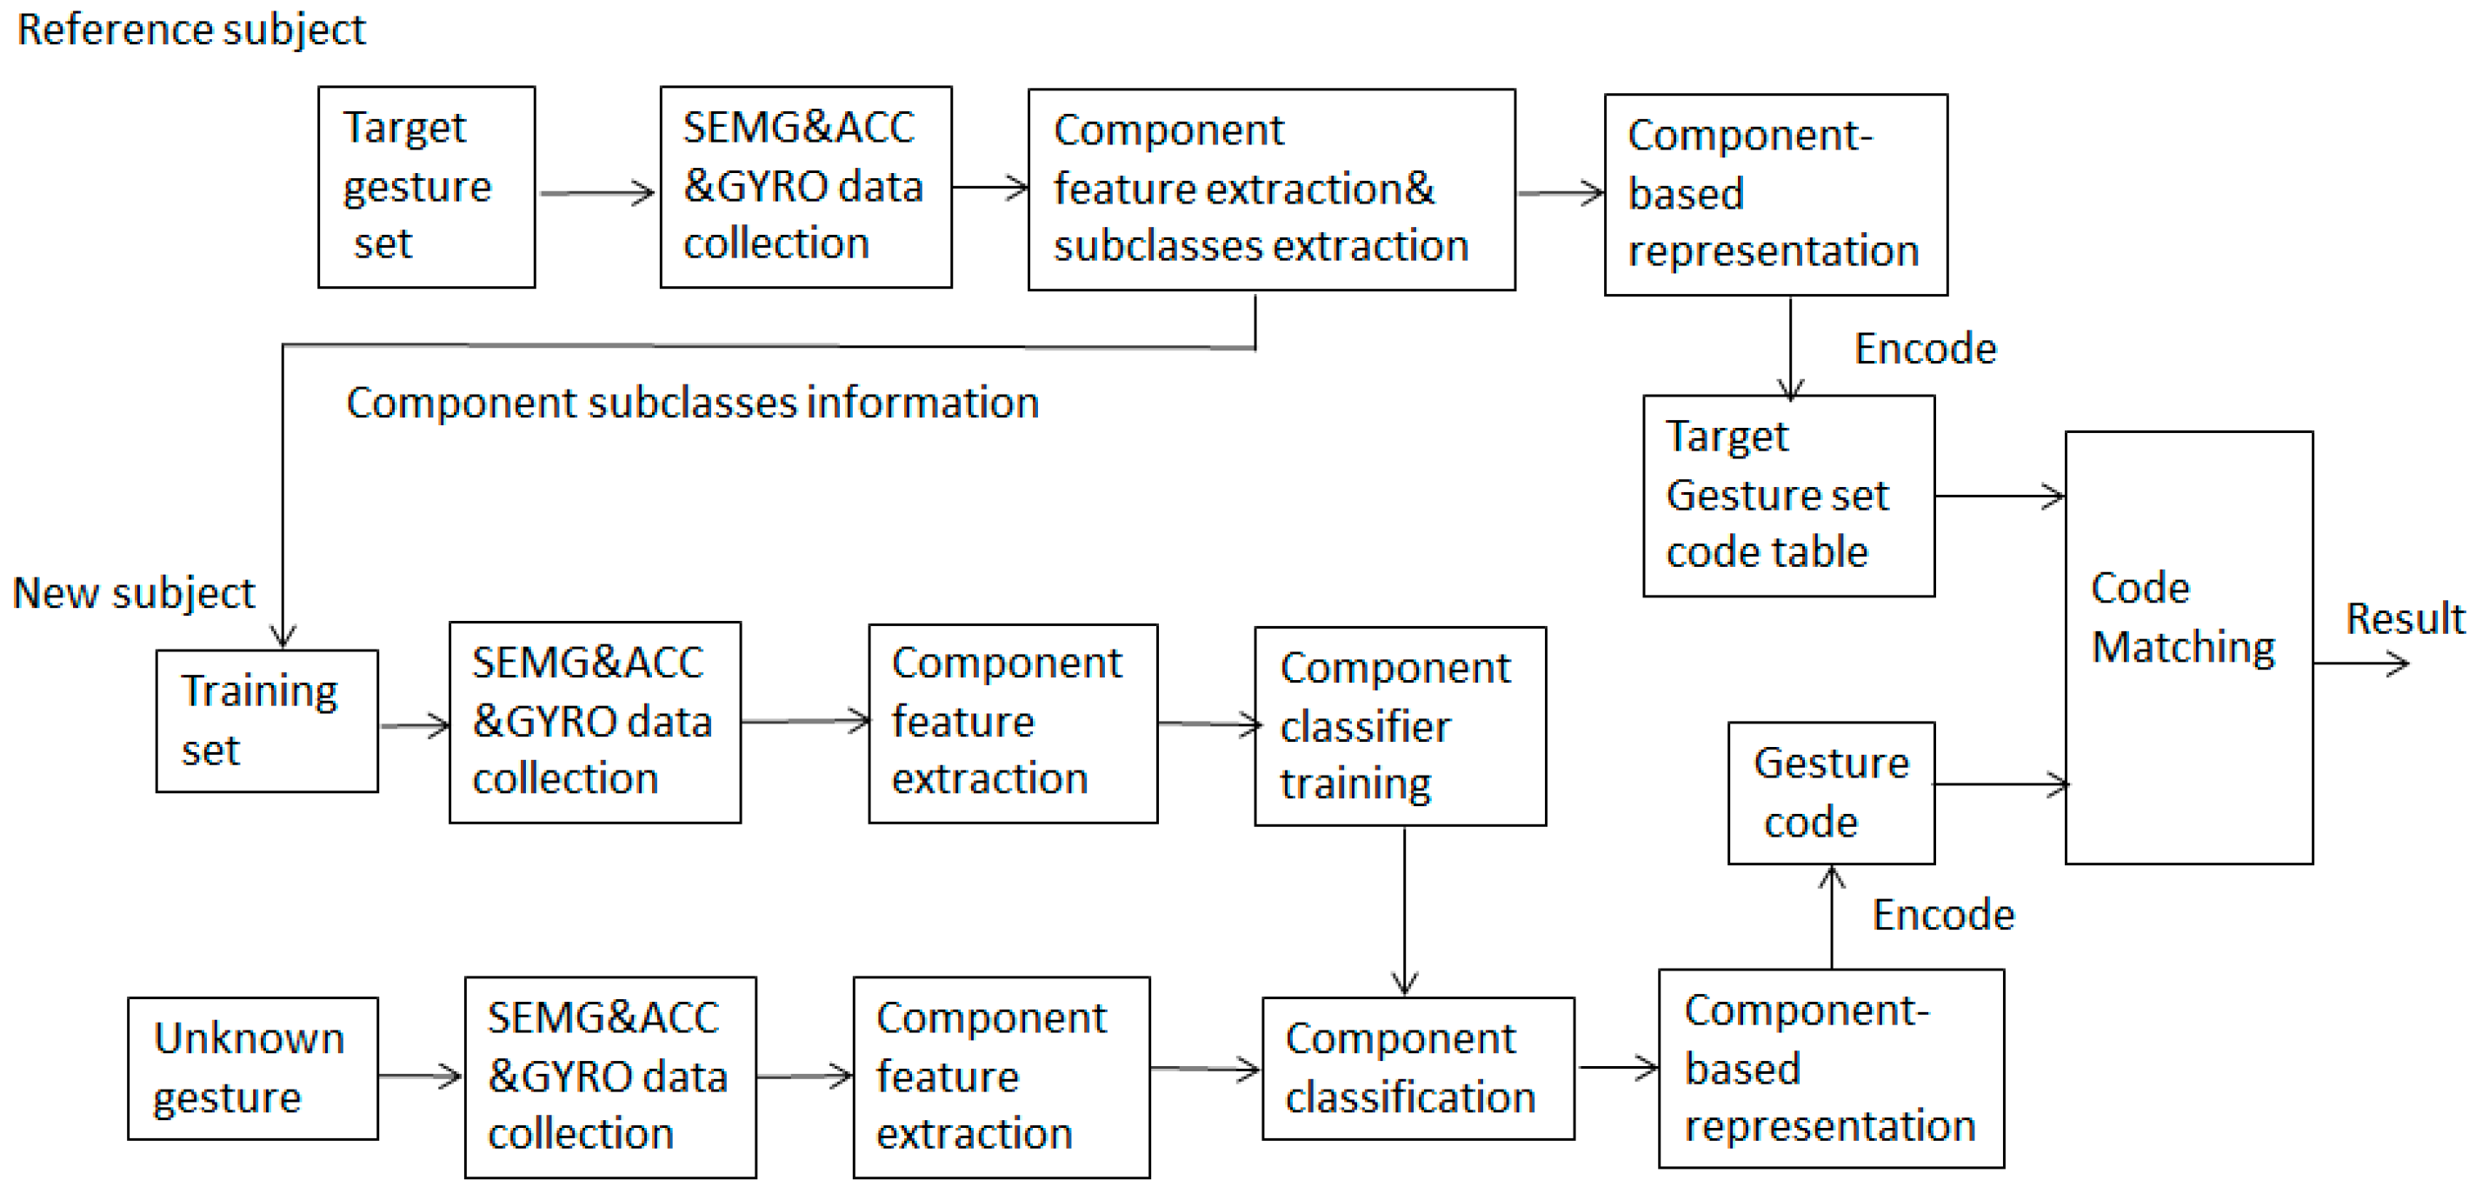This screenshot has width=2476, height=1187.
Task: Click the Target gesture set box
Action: click(x=426, y=186)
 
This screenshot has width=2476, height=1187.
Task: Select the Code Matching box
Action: click(x=2187, y=647)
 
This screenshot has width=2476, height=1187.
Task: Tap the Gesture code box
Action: click(x=1830, y=793)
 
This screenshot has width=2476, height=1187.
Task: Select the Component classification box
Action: click(x=1418, y=1068)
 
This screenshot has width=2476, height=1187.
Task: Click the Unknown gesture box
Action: click(x=252, y=1068)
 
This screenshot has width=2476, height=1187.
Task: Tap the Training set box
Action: click(x=266, y=721)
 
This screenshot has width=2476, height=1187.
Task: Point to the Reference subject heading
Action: click(x=191, y=29)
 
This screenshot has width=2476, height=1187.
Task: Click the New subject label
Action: click(x=134, y=592)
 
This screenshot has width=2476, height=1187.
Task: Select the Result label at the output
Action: click(x=2404, y=618)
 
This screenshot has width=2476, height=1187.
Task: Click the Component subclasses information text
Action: click(x=692, y=402)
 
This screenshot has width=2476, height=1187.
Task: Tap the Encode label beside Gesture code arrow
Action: click(x=1942, y=914)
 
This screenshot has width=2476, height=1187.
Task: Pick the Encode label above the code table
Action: click(x=1924, y=348)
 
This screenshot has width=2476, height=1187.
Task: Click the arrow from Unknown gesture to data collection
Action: click(x=420, y=1076)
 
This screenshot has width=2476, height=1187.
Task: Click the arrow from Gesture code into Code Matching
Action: click(x=2000, y=784)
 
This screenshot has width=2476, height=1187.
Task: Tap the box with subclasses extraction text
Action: click(x=1271, y=190)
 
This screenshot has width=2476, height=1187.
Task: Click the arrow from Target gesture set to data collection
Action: click(x=596, y=193)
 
